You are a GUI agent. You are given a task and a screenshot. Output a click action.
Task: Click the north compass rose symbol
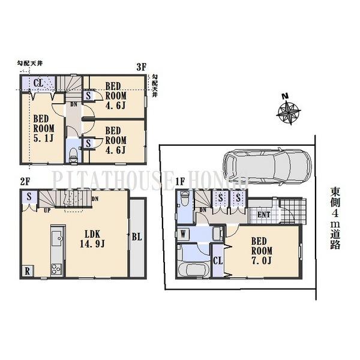point(289,111)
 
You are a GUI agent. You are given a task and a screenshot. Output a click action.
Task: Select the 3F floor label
point(142,67)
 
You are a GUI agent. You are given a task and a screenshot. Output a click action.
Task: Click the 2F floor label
point(25,181)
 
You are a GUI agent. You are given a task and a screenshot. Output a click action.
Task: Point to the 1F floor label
point(180,182)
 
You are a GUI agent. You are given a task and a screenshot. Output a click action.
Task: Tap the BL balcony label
point(137,237)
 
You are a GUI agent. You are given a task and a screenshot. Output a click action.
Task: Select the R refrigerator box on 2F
point(28,271)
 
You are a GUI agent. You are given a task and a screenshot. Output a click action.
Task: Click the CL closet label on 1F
point(218,260)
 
